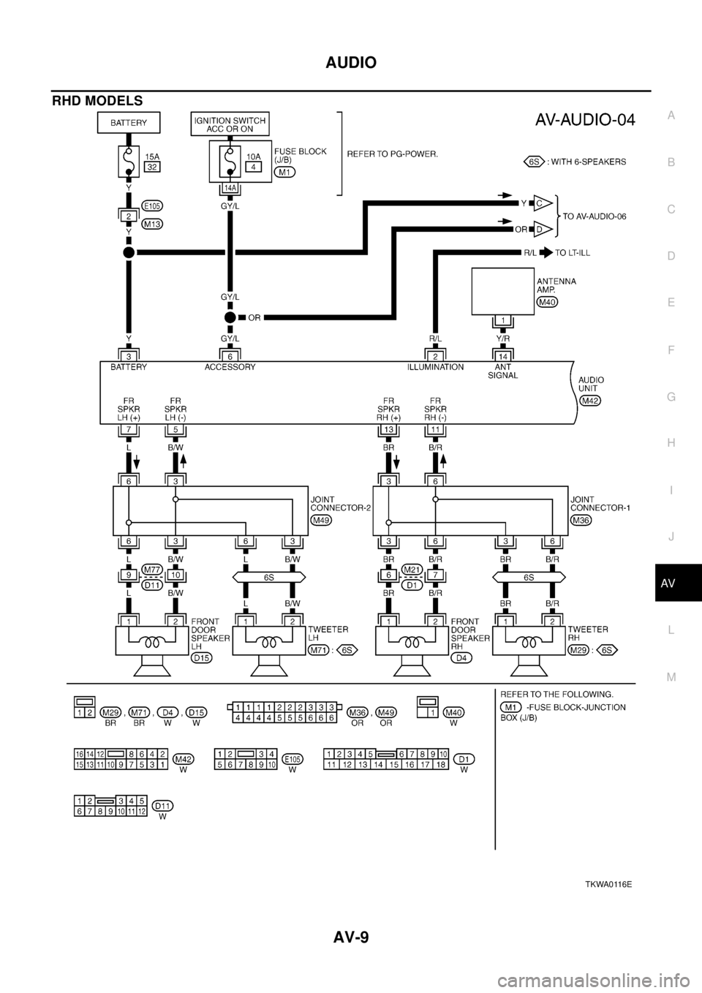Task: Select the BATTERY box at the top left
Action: point(129,123)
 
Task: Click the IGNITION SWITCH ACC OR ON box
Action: point(229,124)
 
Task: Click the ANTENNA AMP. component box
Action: point(503,291)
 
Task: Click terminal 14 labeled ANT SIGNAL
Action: point(502,354)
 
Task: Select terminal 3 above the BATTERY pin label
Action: point(129,354)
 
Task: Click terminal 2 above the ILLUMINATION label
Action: point(435,354)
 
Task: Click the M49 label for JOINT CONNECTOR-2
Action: point(321,520)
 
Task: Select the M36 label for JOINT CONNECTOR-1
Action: point(581,520)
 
